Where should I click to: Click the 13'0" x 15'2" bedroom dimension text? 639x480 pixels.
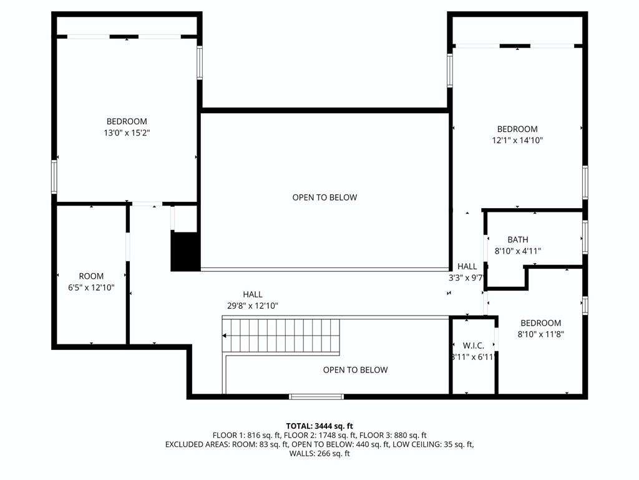click(127, 132)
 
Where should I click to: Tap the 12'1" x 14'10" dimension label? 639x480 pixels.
click(517, 141)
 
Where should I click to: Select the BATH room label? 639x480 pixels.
click(517, 239)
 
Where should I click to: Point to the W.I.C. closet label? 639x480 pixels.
click(474, 346)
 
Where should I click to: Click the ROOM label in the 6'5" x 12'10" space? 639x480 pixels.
click(91, 276)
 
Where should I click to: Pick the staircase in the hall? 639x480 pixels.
click(281, 336)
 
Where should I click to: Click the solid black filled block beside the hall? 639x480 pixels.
click(185, 251)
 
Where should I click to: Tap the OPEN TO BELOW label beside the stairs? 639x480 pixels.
click(355, 370)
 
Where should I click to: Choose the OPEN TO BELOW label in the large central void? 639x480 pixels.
click(324, 197)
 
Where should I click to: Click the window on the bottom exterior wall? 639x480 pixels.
click(316, 396)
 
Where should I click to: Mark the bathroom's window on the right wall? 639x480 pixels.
click(585, 237)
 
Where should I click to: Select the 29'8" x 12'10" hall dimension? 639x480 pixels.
click(253, 306)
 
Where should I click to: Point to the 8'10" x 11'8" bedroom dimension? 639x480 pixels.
click(541, 334)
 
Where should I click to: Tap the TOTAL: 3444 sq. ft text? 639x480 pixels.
click(319, 426)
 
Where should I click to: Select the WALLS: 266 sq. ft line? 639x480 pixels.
click(319, 453)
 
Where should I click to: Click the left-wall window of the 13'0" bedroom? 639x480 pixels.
click(54, 177)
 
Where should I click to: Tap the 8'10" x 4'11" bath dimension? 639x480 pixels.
click(517, 251)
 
